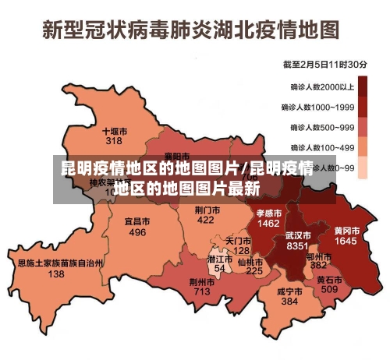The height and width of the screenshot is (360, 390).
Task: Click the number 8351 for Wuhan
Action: tap(298, 245)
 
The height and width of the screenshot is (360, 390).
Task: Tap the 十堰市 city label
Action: tap(115, 131)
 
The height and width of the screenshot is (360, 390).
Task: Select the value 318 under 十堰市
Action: tap(115, 141)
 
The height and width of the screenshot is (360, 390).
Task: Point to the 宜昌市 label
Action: tap(137, 221)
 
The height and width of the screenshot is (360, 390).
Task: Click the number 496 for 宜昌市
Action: tap(137, 232)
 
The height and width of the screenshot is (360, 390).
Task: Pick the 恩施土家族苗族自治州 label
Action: tap(60, 263)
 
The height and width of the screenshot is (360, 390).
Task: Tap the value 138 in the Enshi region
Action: tap(56, 274)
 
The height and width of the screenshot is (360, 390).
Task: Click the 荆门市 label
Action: tap(206, 210)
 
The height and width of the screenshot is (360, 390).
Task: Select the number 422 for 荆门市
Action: tap(205, 221)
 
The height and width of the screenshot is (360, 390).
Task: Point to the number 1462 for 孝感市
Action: tap(268, 224)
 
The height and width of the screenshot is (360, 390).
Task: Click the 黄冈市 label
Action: tap(346, 231)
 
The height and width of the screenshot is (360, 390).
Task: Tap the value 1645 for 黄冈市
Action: tap(346, 242)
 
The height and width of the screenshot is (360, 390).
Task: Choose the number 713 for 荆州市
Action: tap(202, 291)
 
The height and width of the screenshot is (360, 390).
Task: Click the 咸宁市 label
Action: tap(289, 291)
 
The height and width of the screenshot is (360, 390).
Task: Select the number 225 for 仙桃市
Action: tap(254, 271)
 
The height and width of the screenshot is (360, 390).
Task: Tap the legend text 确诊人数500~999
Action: tap(322, 127)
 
